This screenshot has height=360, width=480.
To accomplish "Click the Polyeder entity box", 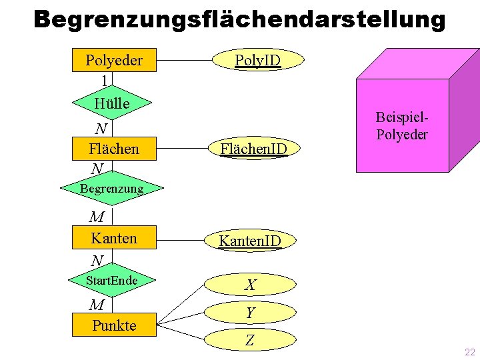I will point(113,60).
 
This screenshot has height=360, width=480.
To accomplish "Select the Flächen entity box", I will point(114,149).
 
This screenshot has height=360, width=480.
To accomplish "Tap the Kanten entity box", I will point(114,238).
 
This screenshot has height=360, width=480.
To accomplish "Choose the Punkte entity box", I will point(114,325).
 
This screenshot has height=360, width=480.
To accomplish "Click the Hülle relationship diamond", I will point(112,103).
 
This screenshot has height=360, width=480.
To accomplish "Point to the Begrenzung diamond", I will point(111,189).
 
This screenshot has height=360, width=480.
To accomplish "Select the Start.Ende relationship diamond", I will point(111,281).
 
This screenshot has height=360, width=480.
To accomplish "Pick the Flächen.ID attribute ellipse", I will point(254,149).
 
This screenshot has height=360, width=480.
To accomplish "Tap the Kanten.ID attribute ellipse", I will point(251,239).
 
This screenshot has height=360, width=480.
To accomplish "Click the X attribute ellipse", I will point(250,285).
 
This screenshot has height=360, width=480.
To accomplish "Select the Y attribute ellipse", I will point(250,313).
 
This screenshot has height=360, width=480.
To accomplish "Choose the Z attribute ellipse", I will point(250,341).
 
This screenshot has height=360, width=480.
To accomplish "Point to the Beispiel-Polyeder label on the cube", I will point(402,125).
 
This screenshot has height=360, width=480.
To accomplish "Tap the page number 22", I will point(469,352).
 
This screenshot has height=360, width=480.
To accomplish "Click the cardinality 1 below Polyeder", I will point(104,81).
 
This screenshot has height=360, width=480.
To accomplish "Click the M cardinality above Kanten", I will point(97,217).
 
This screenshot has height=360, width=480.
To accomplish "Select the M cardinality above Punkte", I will point(97,305).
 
